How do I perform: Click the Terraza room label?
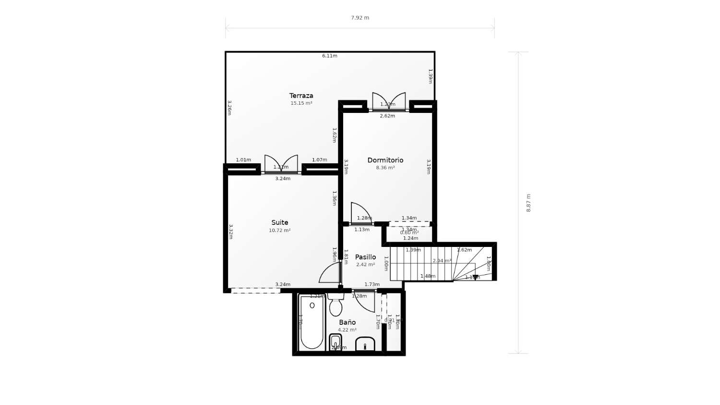point(301,96)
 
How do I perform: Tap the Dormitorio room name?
point(385,160)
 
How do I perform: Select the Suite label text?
point(279,222)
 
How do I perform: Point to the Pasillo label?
point(365,257)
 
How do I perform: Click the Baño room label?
point(347,322)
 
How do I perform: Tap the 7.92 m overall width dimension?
point(360,18)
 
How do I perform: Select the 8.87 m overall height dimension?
point(528,203)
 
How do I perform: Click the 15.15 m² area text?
point(301,103)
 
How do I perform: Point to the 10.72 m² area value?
point(279,231)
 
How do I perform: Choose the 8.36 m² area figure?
point(385,168)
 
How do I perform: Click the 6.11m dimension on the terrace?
point(329,56)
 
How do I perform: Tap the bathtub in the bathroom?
point(312,323)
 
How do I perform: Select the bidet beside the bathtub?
point(336,342)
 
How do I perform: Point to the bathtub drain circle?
point(312,305)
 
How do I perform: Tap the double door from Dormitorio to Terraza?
point(389,102)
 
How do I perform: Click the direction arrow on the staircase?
point(475,277)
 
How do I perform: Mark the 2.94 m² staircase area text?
point(442,261)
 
